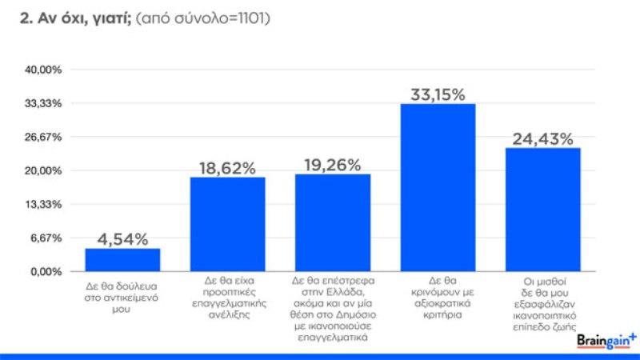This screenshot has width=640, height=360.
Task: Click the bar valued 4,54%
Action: [x=122, y=260]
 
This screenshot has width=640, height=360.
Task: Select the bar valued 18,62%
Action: [x=227, y=224]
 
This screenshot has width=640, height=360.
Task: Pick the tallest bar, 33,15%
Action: [x=438, y=188]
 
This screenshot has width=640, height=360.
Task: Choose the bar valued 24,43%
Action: [x=542, y=210]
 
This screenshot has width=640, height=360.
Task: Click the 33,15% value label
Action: [x=438, y=95]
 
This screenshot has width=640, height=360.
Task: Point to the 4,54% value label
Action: [x=122, y=239]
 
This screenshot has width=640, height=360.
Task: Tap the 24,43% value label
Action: [x=542, y=139]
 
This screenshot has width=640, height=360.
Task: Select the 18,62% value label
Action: [x=227, y=168]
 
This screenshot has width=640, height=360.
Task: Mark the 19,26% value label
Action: [x=333, y=166]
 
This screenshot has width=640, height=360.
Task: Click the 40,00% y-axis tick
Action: [x=44, y=70]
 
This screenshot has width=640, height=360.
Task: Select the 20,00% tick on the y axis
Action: [x=44, y=171]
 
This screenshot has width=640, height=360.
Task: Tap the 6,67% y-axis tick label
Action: [x=46, y=238]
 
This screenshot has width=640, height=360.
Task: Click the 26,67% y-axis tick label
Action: [x=44, y=138]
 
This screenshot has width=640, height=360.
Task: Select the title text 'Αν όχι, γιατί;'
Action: [x=77, y=17]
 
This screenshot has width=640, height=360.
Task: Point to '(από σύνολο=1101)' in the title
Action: [x=203, y=17]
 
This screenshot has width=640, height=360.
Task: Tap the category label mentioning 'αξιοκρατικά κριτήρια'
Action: [x=438, y=297]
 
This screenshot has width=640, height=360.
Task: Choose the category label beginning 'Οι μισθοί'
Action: [x=542, y=297]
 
